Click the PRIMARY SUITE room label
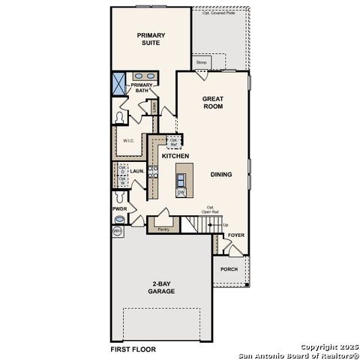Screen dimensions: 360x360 coord(151,39)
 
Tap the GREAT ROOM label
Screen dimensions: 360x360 coord(213,103)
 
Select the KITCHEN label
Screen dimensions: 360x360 coord(175,156)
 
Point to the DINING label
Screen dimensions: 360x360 coord(220,175)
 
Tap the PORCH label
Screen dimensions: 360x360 coord(229,268)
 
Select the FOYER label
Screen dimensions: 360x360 coord(236,235)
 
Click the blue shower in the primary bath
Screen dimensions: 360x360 coord(119,82)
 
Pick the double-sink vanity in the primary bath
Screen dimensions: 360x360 coord(145,76)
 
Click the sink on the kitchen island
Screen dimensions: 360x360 coord(181,178)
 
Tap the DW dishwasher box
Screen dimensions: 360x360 coord(181,192)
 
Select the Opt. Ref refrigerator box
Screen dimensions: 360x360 coord(174,142)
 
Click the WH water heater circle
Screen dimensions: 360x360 coord(117,232)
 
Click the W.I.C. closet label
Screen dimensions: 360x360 coord(127,140)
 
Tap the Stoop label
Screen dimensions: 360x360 coord(201,63)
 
